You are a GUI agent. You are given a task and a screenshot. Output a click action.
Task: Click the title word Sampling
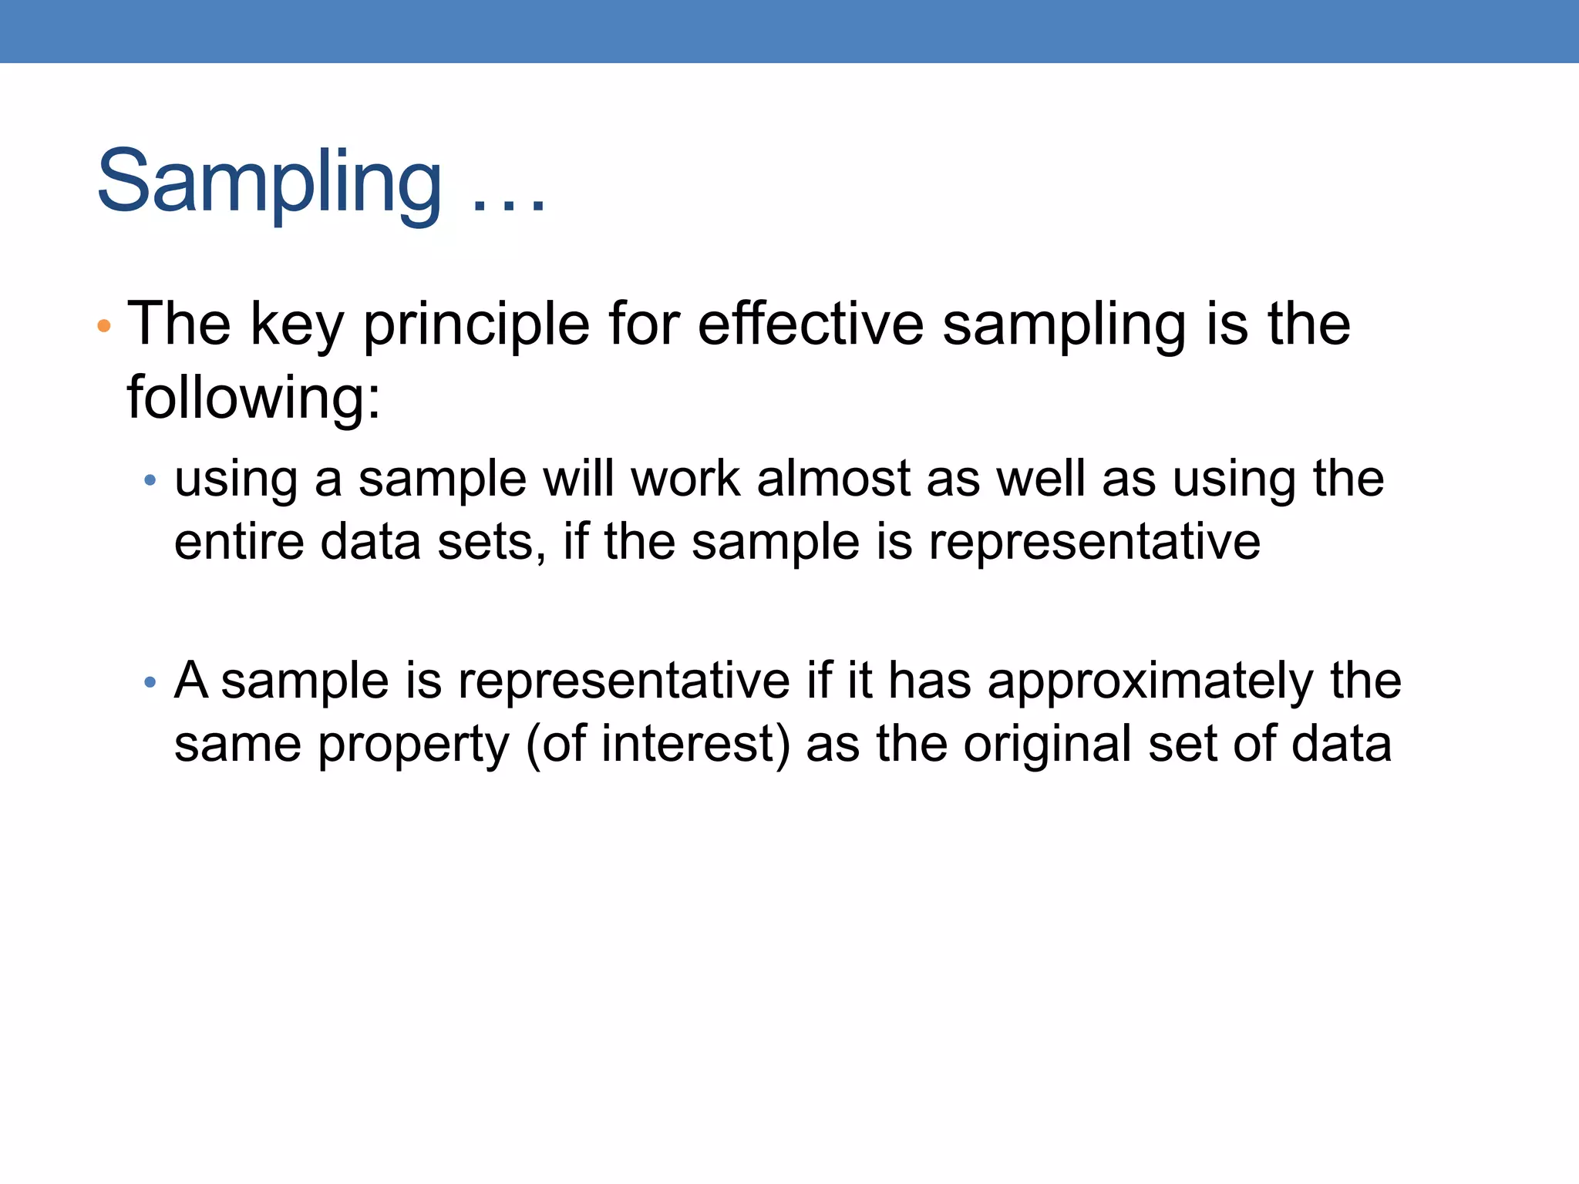[269, 183]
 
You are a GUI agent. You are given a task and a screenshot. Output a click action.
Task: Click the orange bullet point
[104, 326]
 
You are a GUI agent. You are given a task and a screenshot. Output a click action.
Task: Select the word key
[297, 325]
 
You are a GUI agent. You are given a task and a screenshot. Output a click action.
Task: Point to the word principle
[476, 325]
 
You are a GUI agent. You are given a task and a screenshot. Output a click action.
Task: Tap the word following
[253, 398]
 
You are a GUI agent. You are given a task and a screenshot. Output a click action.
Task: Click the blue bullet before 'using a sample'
[150, 481]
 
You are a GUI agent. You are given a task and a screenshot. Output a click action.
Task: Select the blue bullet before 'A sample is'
[150, 682]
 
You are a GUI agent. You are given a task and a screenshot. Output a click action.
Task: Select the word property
[413, 745]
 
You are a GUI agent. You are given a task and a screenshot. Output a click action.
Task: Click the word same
[237, 744]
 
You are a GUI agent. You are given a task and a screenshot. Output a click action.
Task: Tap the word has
[929, 681]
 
